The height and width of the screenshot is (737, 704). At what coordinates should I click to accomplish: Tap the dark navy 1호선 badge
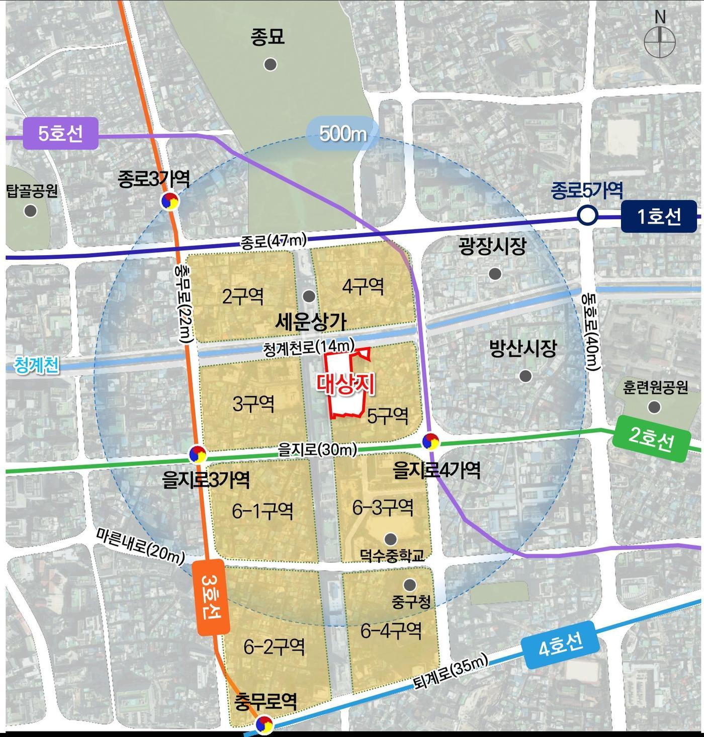tap(659, 216)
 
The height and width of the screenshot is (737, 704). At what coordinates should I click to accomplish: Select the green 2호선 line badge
tap(651, 439)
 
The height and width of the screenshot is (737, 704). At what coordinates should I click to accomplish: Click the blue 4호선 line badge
tap(561, 645)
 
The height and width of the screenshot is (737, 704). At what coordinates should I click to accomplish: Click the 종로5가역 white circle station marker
tap(587, 216)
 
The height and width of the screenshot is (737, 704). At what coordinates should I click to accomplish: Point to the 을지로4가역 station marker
tap(430, 441)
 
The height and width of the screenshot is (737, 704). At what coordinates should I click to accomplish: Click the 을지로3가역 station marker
tap(198, 454)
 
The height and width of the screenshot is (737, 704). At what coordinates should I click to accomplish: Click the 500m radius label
tap(342, 134)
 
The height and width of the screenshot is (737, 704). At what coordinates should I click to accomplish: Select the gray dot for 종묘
tap(271, 64)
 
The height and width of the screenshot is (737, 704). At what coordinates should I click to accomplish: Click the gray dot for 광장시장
tap(495, 274)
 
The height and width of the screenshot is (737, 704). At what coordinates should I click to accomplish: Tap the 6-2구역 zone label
tap(274, 646)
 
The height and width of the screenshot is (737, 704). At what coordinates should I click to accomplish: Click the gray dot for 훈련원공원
tap(654, 407)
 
